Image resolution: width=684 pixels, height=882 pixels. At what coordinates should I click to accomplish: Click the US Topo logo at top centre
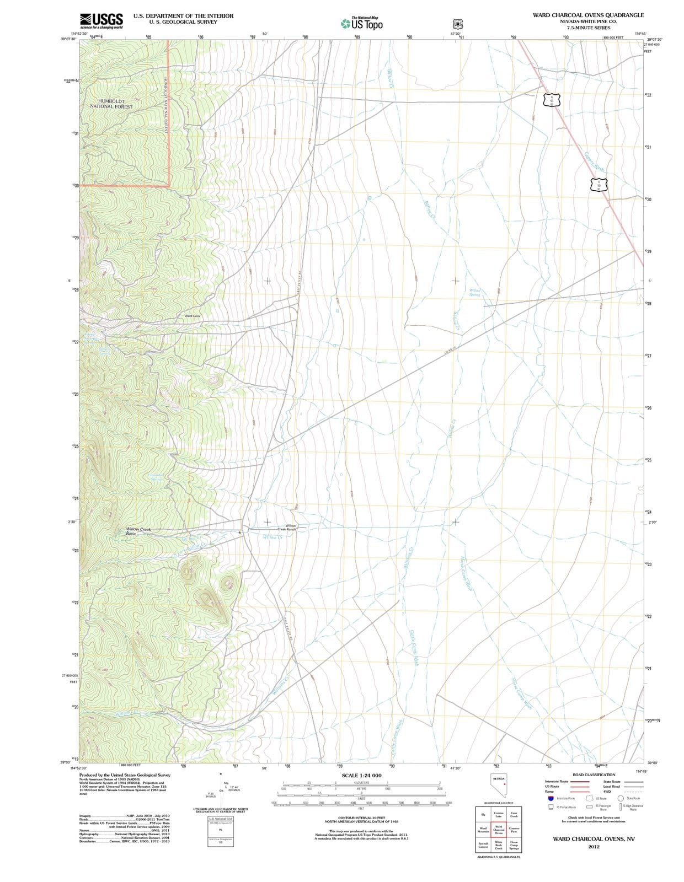point(362,24)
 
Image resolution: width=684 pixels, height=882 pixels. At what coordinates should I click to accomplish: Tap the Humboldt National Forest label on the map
point(111,104)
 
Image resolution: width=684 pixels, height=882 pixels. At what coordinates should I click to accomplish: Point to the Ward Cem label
point(192,316)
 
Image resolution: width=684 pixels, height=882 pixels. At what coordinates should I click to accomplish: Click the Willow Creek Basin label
point(138,531)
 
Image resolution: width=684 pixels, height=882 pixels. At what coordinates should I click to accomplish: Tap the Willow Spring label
point(474,292)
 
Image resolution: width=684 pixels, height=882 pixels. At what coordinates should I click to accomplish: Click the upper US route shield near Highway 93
point(551,100)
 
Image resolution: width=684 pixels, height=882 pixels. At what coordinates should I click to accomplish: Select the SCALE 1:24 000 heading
point(361,776)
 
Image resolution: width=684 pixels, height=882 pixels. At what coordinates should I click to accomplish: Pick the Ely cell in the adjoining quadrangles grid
point(483,814)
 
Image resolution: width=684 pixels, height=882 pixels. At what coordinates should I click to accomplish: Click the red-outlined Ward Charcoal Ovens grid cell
point(498,829)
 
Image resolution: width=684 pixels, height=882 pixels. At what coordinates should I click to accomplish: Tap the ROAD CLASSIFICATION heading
point(594,775)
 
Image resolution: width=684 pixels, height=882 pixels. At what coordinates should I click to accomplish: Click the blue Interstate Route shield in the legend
point(551,798)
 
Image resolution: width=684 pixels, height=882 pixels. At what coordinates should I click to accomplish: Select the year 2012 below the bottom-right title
point(594,846)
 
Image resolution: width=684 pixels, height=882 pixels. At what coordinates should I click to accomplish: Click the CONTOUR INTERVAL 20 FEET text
point(361,818)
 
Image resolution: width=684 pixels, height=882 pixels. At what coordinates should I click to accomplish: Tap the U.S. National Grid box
point(220,819)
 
